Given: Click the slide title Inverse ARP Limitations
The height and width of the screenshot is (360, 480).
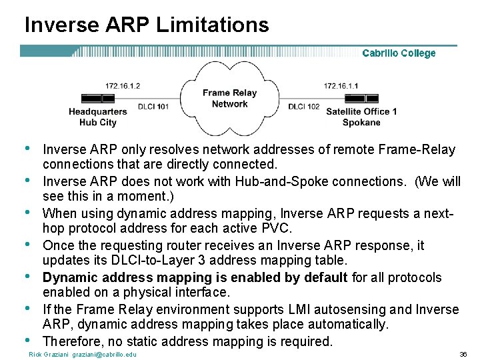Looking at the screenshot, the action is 147,25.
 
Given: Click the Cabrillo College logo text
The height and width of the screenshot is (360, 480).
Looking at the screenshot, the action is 399,53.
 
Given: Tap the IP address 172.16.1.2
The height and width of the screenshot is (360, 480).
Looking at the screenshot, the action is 123,86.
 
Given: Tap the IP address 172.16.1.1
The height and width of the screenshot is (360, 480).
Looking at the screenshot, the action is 341,86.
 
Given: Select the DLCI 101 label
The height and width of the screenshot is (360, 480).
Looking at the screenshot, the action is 153,107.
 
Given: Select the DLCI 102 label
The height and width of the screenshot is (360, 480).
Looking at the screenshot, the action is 304,107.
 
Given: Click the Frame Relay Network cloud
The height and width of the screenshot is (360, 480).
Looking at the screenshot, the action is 229,99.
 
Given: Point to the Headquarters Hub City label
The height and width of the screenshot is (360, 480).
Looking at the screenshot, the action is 97,117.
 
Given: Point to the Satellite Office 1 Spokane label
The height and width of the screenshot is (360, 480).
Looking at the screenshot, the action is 361,117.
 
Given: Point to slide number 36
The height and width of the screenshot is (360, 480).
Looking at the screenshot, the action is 463,354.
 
